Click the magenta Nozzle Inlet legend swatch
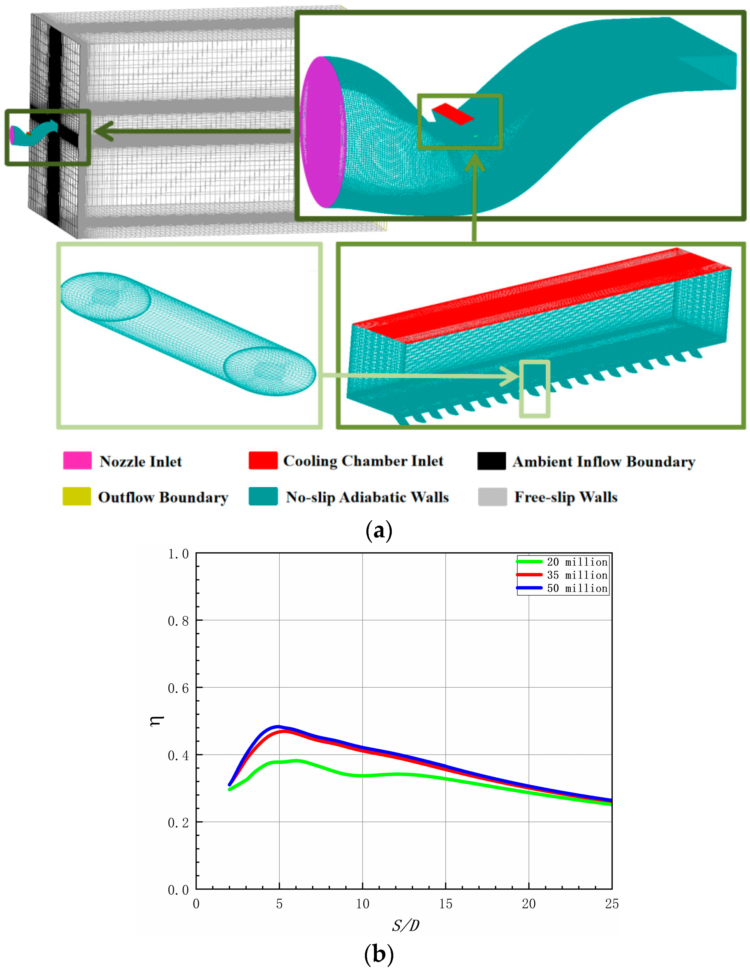pos(77,460)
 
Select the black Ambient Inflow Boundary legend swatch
pos(491,460)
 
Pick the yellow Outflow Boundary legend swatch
pos(77,496)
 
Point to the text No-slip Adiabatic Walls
pos(367,496)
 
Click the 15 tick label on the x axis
pos(446,904)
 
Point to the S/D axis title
pos(405,926)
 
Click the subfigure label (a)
pos(379,530)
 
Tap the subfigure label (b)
pos(379,954)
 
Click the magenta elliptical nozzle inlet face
pos(323,132)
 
